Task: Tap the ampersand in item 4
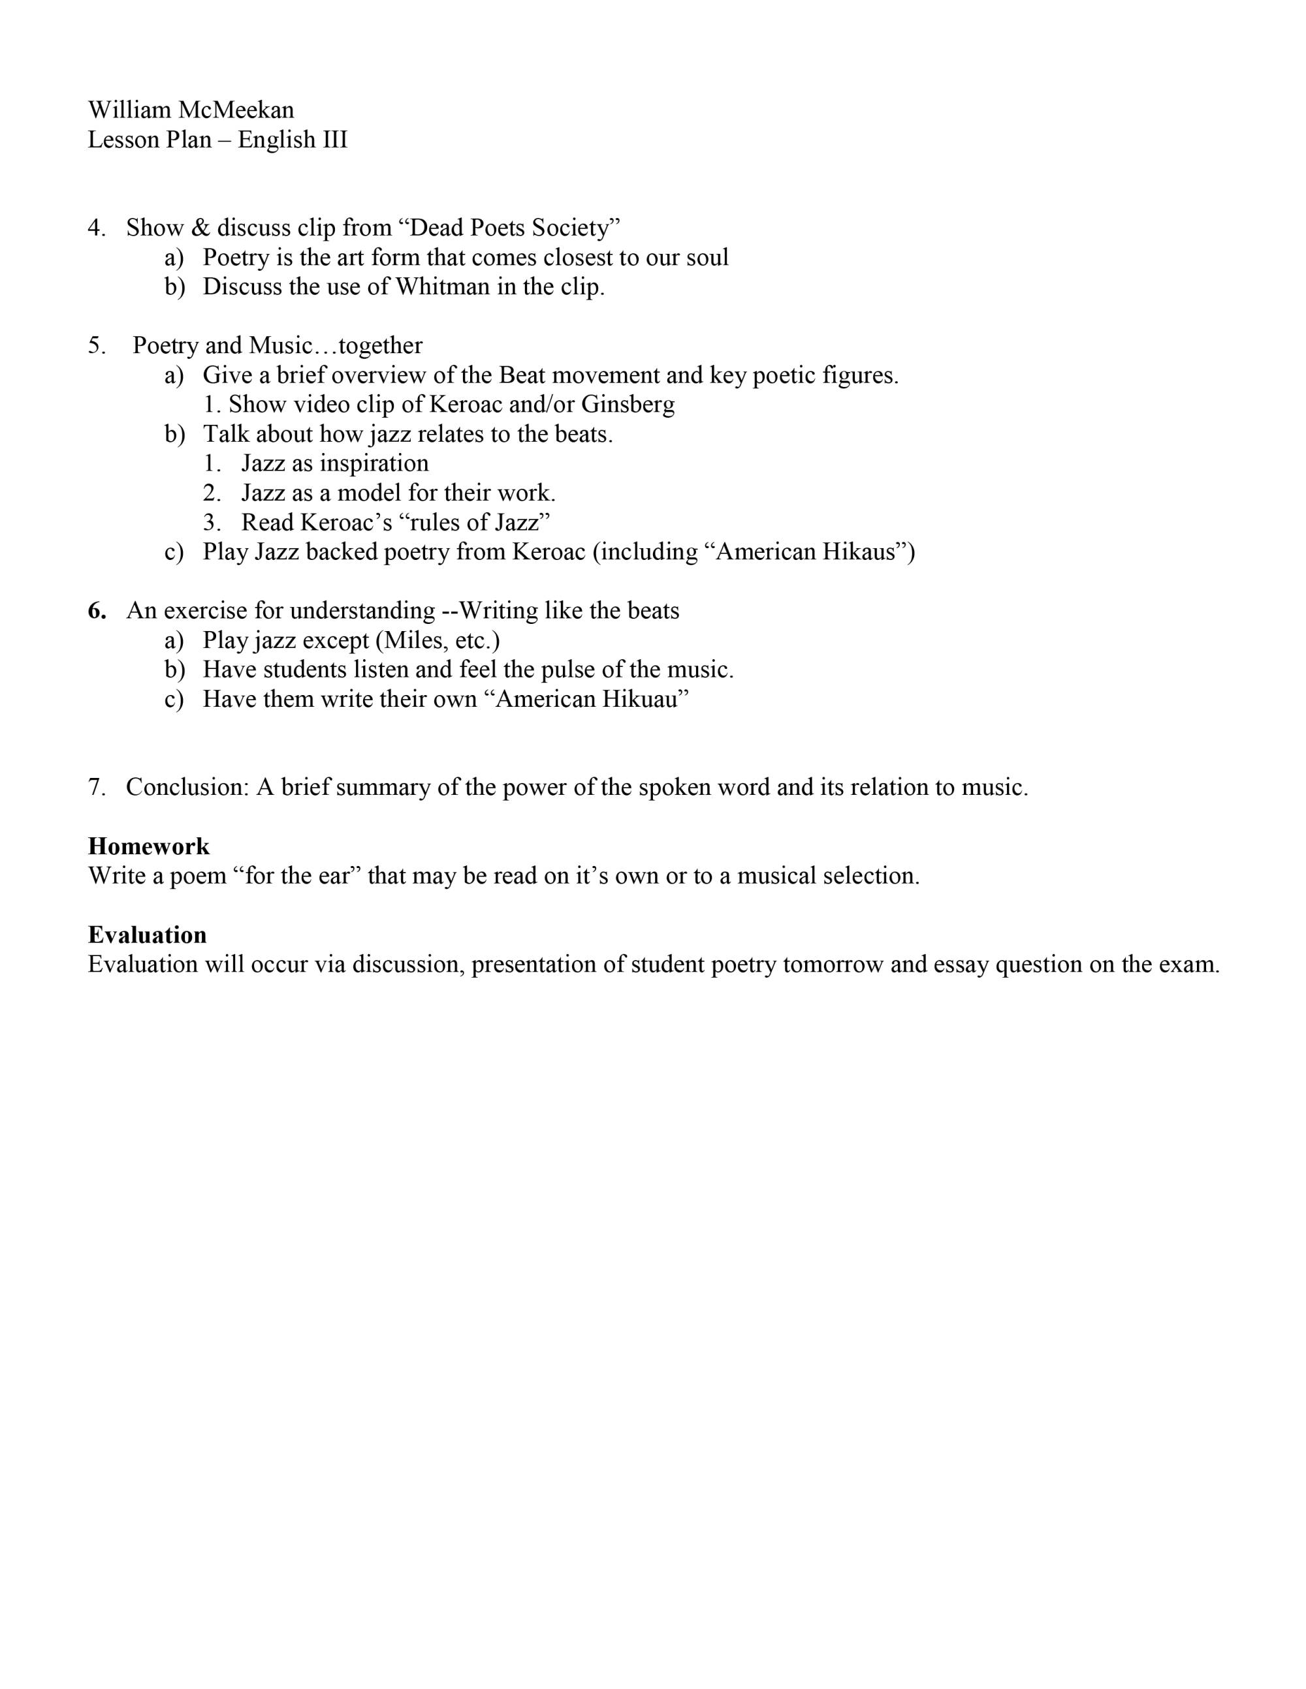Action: click(x=200, y=228)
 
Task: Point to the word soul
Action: click(x=707, y=258)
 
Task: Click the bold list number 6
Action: click(x=96, y=611)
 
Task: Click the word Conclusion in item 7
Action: click(x=187, y=787)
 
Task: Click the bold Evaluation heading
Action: click(x=147, y=935)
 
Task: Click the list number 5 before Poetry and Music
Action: click(x=96, y=346)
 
